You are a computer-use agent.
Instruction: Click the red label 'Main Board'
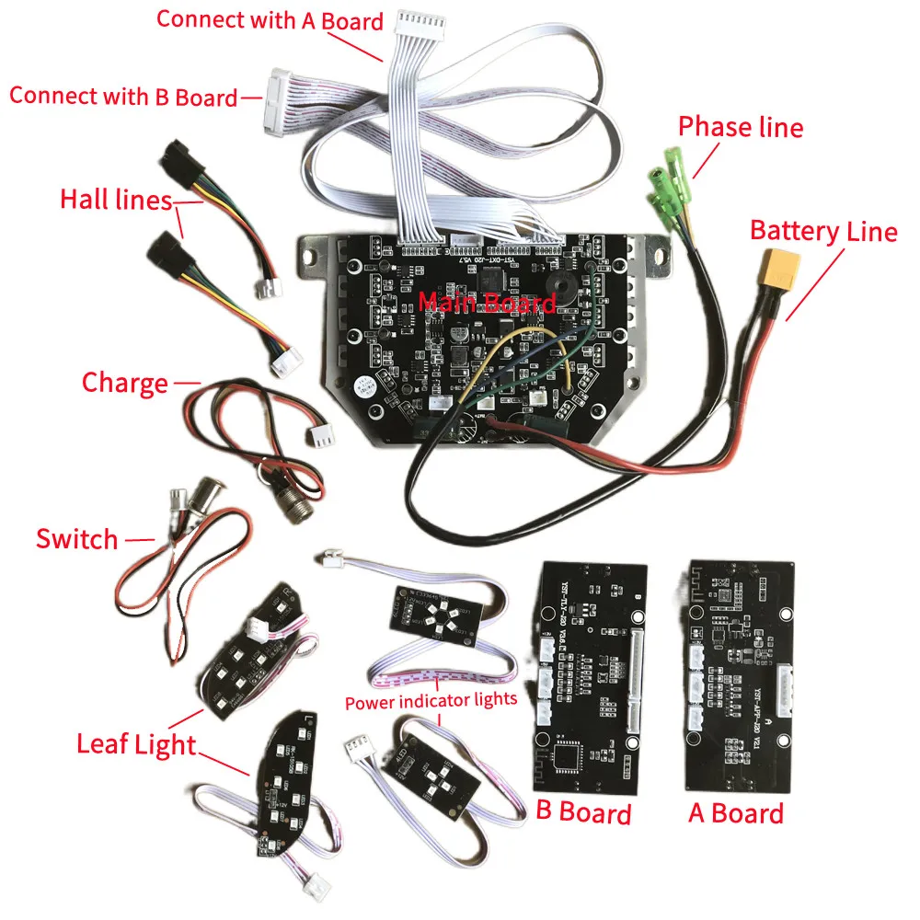pos(487,303)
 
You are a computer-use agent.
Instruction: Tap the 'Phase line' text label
pos(741,127)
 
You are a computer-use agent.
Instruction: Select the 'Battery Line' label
pos(823,230)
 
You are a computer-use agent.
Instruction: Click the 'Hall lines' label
pos(116,199)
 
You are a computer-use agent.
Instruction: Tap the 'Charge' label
pos(125,382)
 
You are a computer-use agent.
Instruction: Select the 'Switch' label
pos(77,538)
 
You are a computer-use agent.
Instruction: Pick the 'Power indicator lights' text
pos(431,702)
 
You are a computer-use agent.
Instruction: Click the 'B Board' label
pos(583,812)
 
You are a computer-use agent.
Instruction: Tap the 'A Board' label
pos(736,812)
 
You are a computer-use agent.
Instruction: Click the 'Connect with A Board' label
pos(270,20)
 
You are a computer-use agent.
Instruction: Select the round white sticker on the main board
pos(358,385)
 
